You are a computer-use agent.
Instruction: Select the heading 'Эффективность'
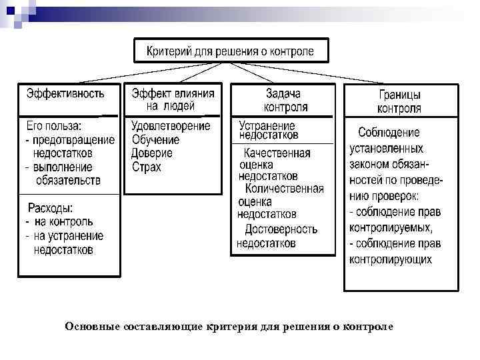pos(65,94)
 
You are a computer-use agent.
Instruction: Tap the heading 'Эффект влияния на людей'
pos(172,99)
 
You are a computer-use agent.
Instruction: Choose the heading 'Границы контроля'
pos(399,102)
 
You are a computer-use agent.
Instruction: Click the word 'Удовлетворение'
pos(171,126)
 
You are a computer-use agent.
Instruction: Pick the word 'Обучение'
pos(155,140)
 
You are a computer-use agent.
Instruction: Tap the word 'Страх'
pos(146,167)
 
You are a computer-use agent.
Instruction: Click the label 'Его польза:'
pos(54,126)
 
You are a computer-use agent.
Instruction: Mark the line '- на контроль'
pos(59,221)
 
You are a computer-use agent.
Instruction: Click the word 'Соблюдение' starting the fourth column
pos(389,133)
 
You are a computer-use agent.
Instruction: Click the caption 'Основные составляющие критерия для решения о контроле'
pos(229,327)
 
